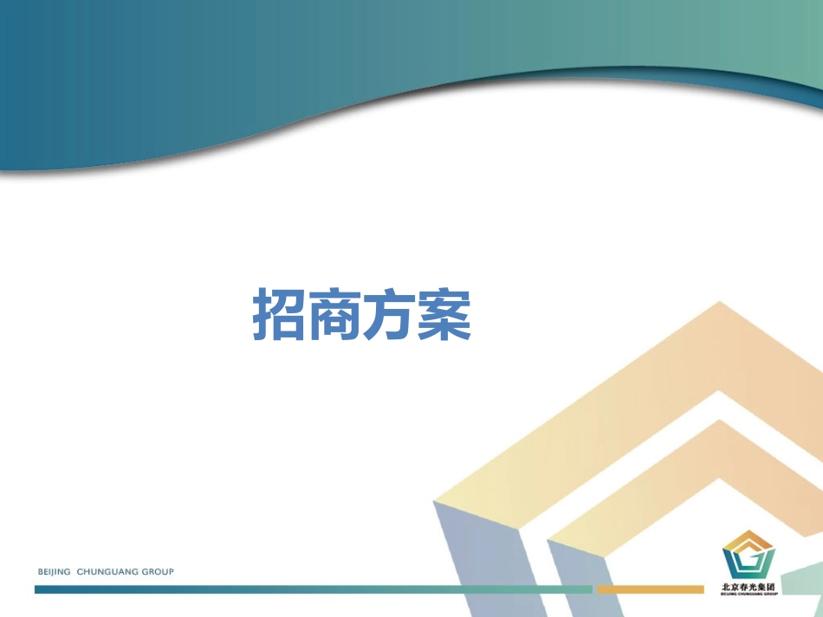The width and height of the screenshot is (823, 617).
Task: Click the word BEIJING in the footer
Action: point(55,572)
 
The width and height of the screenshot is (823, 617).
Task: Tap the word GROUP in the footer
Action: point(157,572)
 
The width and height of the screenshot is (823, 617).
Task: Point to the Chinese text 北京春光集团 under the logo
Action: point(748,587)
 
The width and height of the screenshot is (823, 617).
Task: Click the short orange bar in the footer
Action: point(650,589)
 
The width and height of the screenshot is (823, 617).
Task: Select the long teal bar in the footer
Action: point(312,589)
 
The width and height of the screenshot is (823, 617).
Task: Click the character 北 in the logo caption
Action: point(726,587)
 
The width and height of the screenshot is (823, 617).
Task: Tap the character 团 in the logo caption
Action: point(771,587)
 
